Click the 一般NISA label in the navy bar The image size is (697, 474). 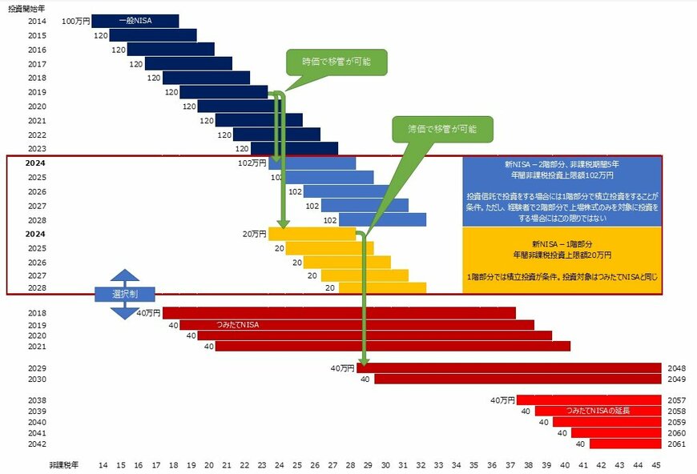(135, 21)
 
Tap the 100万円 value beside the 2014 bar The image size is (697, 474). (76, 21)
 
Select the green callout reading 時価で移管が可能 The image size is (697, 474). (336, 62)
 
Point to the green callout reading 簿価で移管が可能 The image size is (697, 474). (441, 127)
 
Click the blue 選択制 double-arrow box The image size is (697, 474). (124, 294)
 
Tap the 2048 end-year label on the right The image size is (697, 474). (675, 368)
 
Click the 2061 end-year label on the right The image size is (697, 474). (675, 444)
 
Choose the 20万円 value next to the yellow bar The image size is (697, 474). (254, 234)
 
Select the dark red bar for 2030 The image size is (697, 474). (518, 379)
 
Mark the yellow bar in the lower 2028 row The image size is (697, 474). (382, 287)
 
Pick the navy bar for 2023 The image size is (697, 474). (294, 148)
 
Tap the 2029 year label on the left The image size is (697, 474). (37, 368)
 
